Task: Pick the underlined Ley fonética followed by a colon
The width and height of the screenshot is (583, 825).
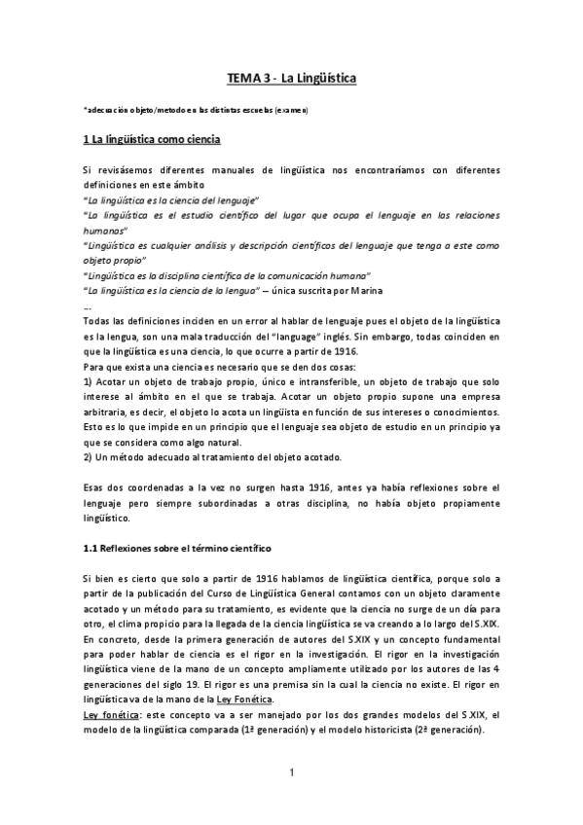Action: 110,714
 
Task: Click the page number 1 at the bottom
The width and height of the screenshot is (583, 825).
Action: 291,773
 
